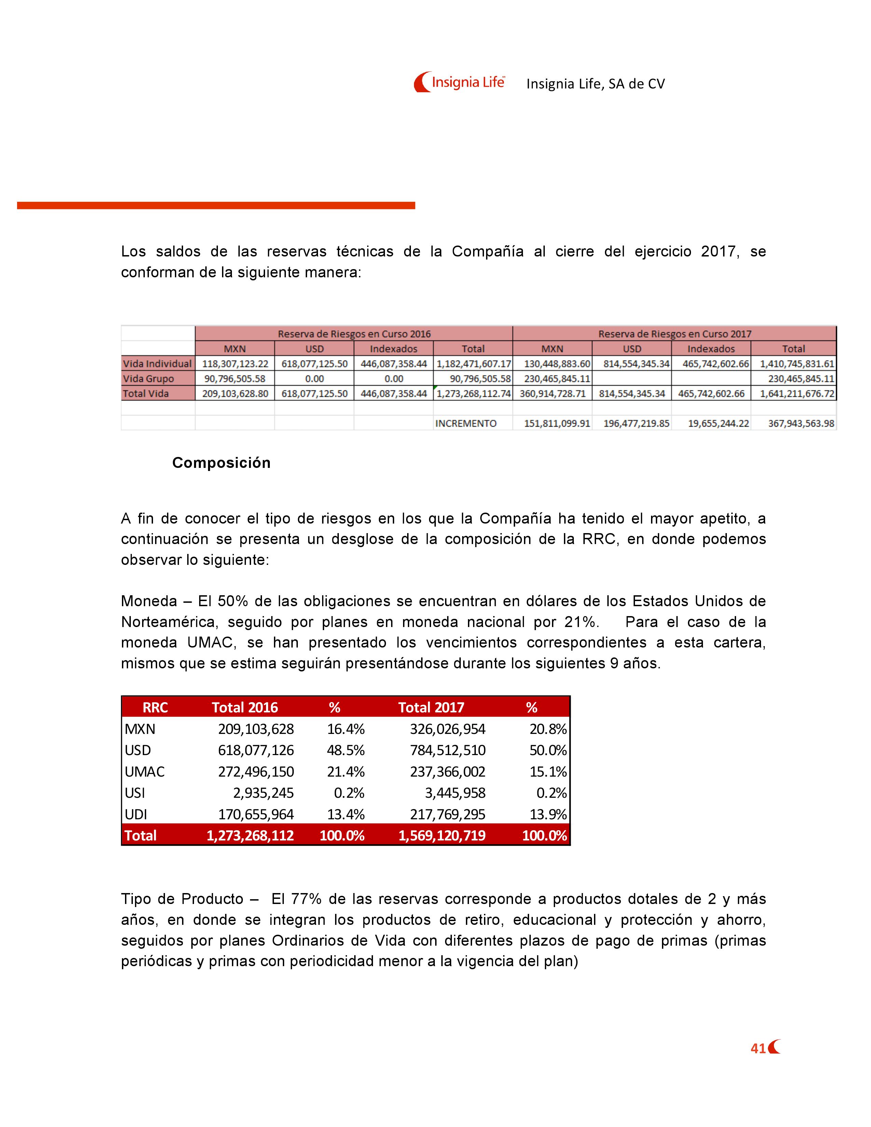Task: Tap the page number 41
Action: coord(758,1048)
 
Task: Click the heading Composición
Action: coord(221,462)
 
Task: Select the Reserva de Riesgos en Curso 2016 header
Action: coord(354,334)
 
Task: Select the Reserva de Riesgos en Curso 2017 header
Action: coord(674,334)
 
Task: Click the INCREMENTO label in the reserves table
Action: coord(466,423)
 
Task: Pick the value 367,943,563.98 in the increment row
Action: coord(801,423)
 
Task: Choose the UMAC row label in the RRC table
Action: coord(144,771)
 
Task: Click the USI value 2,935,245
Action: coord(263,793)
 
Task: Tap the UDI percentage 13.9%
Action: coord(548,814)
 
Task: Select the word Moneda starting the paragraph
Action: coord(149,601)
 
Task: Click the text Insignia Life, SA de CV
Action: coord(595,84)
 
